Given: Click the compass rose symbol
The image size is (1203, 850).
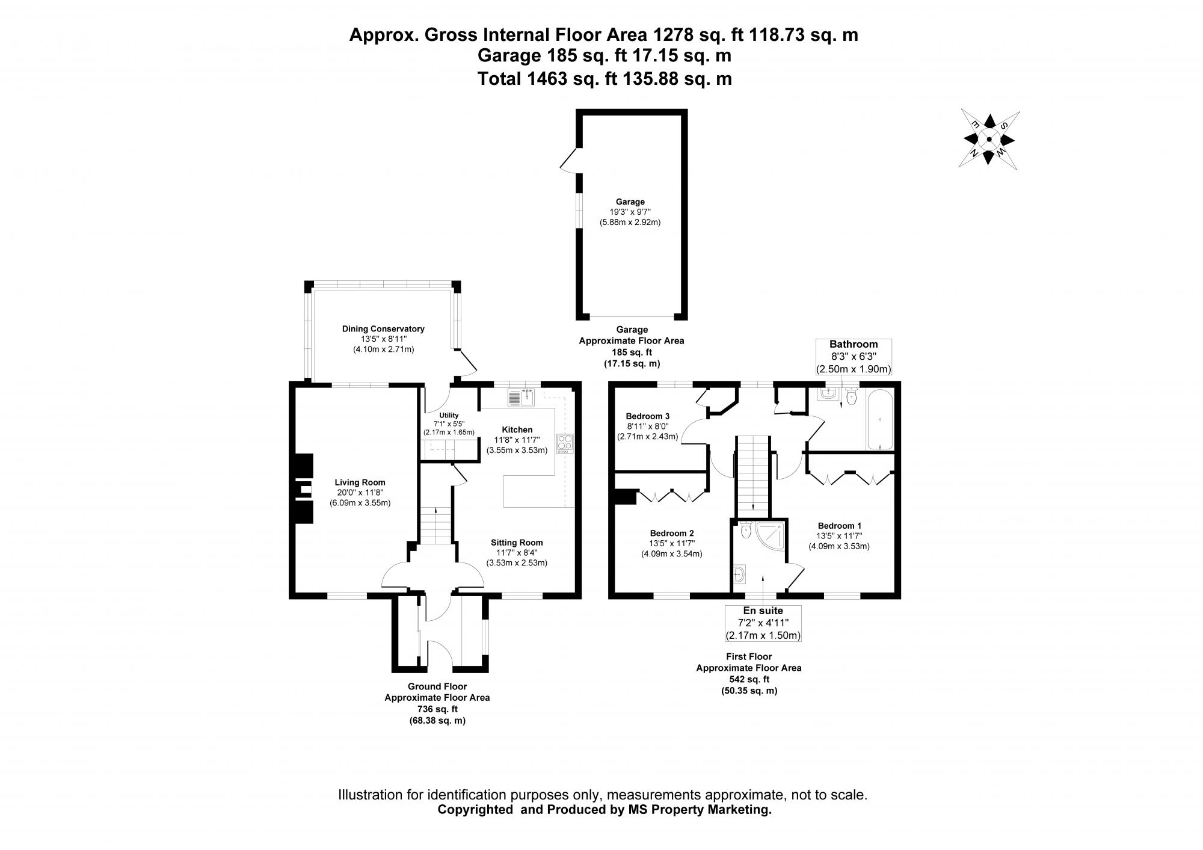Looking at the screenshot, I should tap(989, 140).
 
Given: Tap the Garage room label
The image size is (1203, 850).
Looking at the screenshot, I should tap(630, 202).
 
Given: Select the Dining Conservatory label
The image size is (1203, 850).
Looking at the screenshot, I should tap(383, 328).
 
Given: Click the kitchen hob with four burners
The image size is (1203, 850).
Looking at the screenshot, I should tap(565, 443).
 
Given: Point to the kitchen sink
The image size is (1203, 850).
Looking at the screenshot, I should tap(521, 397).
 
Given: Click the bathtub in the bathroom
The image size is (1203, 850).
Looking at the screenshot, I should tap(880, 419).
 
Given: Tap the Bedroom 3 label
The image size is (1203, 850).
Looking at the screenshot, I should tap(647, 416).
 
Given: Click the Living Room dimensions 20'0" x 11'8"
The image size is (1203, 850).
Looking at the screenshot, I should tap(360, 493).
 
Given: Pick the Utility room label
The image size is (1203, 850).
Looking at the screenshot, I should tap(449, 415).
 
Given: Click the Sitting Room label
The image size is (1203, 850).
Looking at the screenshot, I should tap(517, 542).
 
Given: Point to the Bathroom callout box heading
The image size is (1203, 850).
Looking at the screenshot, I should tap(854, 344).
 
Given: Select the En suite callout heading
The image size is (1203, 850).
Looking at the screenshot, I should tap(763, 611).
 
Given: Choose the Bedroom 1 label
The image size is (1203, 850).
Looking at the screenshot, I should tap(838, 525).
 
